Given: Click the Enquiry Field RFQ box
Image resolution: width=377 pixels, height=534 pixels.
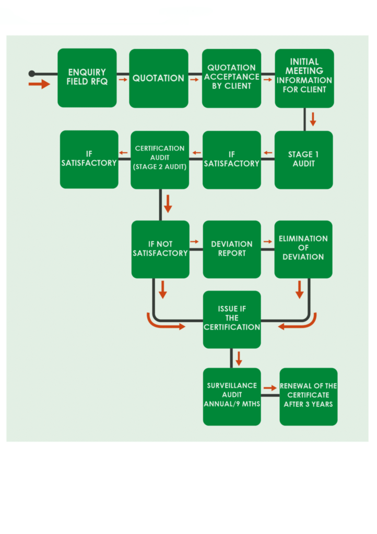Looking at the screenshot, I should [87, 78].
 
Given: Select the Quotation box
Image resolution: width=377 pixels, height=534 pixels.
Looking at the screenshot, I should [159, 78].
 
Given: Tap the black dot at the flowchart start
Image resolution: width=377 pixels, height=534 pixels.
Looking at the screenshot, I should [32, 74].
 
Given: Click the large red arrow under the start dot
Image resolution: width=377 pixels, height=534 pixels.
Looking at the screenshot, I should [39, 84].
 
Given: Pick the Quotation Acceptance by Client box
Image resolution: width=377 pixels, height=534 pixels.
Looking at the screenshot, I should [231, 78].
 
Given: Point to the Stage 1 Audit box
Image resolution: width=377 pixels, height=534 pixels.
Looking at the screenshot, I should [303, 160].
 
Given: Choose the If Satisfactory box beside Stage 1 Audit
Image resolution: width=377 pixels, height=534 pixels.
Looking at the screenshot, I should [231, 160].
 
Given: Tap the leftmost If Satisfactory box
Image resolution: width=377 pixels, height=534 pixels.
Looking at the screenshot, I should [89, 159].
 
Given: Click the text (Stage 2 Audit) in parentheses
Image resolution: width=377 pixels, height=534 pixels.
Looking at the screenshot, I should [160, 167].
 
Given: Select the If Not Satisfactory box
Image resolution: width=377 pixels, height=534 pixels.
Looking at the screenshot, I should [160, 249].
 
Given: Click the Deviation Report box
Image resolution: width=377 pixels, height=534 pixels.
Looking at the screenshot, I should [232, 249].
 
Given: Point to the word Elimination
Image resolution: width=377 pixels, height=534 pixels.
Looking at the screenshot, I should [303, 239].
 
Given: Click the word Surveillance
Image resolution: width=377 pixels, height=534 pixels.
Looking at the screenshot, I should [232, 385].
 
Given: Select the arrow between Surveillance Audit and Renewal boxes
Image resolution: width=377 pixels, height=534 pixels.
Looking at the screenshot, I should [270, 388].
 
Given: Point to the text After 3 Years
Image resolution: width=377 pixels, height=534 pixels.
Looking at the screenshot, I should [309, 404].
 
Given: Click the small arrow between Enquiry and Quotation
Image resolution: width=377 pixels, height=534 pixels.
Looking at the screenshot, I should [123, 80].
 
